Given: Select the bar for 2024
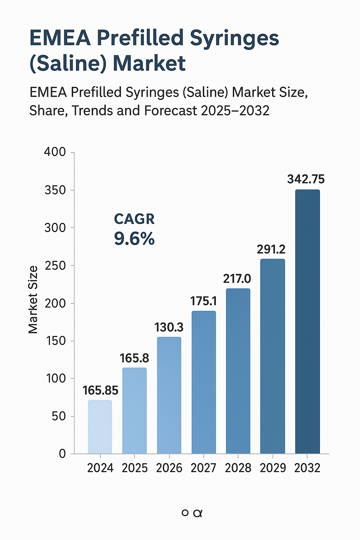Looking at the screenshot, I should pos(100,427).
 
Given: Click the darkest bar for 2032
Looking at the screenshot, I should pos(307,322).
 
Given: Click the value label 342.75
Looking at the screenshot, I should pos(306,179).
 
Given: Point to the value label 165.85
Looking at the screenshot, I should pos(101,390).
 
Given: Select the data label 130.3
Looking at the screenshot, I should pos(169,327).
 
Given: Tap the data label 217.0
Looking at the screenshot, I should pos(237,279).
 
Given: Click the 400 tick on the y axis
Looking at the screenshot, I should pos(55,152).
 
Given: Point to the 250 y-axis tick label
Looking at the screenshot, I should pos(55,265).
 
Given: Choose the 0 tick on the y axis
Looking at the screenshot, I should pos(62,454).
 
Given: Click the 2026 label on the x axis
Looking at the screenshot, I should pos(169,468).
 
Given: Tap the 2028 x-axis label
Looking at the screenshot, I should pos(238,468).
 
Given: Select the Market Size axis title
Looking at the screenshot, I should pos(33,300).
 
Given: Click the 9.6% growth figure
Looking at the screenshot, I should pos(134,239).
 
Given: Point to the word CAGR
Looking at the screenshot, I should pos(134,219).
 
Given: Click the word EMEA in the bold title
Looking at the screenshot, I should pos(60,38).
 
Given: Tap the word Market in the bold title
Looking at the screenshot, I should pos(149,63).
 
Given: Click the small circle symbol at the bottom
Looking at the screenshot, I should pos(185,513).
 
